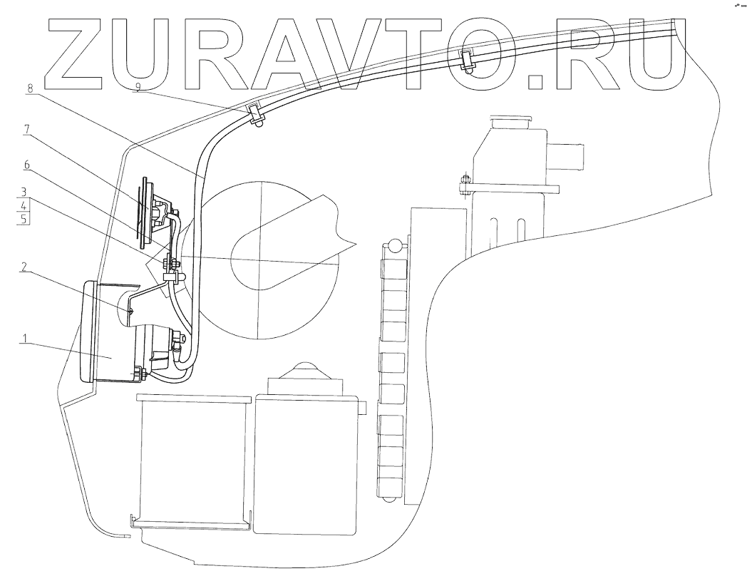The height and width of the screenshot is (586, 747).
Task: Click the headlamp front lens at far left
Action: (88, 332)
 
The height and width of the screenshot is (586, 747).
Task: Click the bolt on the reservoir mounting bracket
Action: (464, 185)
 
